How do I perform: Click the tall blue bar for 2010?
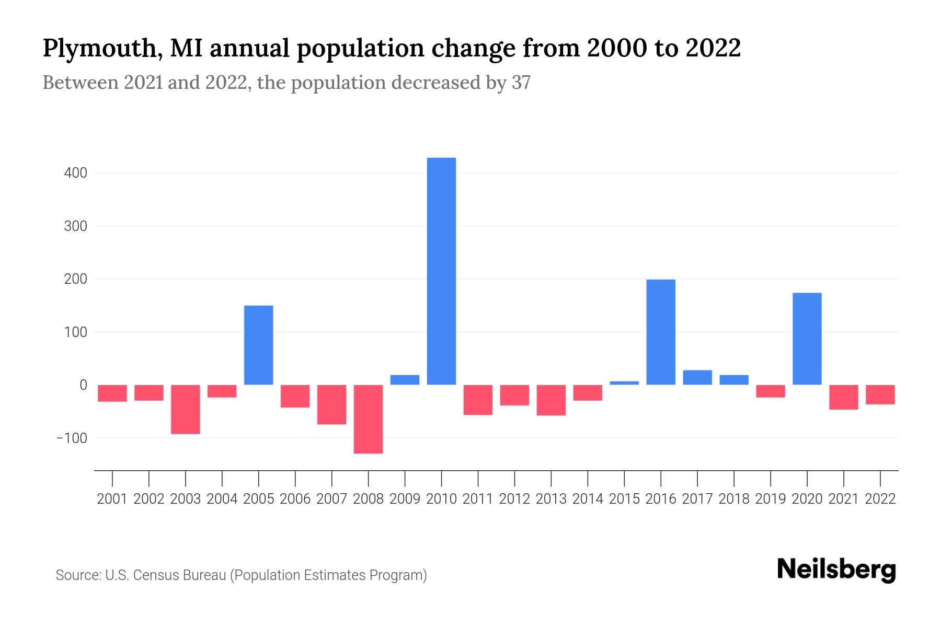(441, 271)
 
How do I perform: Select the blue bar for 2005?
(259, 345)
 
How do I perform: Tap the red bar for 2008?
(369, 419)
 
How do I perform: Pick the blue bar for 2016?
(661, 332)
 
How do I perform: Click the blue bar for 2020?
(807, 339)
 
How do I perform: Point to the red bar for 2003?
(186, 409)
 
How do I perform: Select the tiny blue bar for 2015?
(624, 383)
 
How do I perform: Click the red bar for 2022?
(880, 394)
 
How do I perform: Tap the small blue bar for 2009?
(405, 380)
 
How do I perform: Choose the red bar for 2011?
(478, 400)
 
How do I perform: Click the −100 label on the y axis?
(72, 438)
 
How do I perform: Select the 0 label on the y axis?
(83, 385)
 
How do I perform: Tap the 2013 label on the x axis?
(551, 499)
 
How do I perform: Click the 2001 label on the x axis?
(112, 499)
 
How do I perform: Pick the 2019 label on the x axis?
(771, 499)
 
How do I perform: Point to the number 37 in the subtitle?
(521, 83)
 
